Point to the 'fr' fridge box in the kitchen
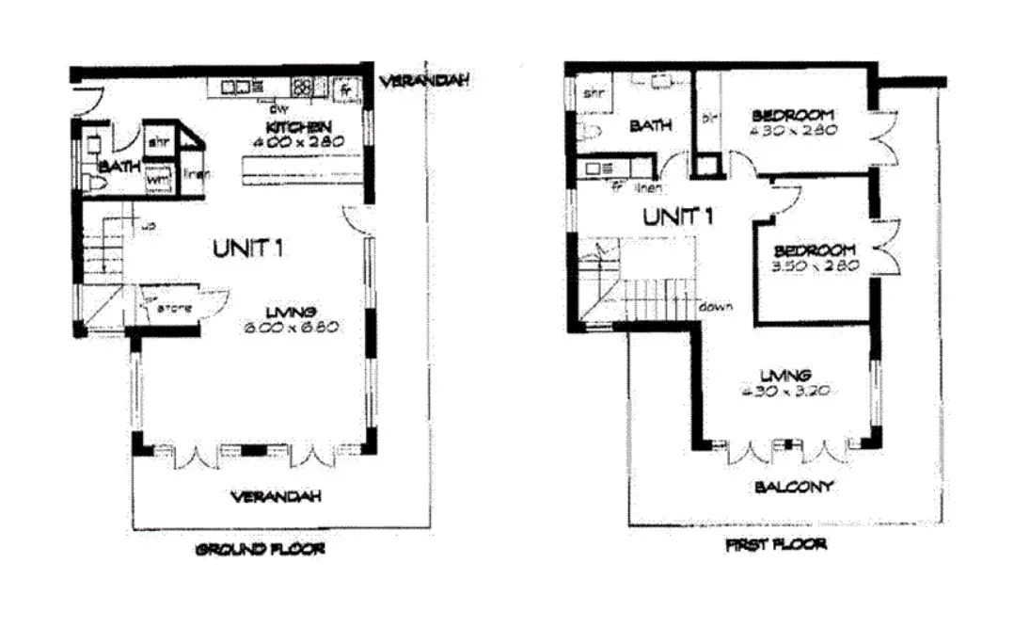(x=347, y=89)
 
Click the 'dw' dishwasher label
(x=278, y=107)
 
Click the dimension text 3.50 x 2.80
(x=815, y=266)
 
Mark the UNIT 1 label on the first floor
(x=678, y=217)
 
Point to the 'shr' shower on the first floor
(x=593, y=93)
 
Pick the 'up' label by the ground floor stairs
(x=148, y=226)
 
